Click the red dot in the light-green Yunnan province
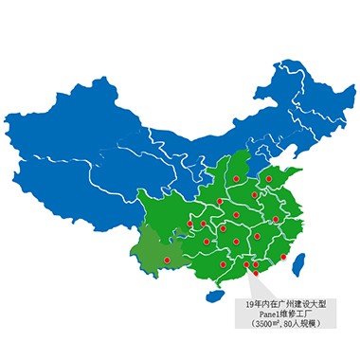pyautogui.click(x=166, y=259)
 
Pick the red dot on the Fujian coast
pyautogui.click(x=283, y=258)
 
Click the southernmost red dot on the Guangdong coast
pyautogui.click(x=255, y=274)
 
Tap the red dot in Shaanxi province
pyautogui.click(x=220, y=202)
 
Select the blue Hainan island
pyautogui.click(x=215, y=297)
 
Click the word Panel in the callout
pyautogui.click(x=269, y=313)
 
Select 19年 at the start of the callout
pyautogui.click(x=252, y=302)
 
